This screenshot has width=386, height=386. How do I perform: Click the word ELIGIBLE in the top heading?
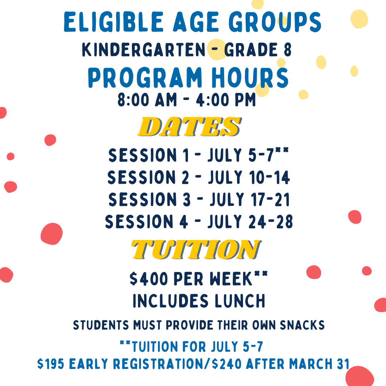pos(114,22)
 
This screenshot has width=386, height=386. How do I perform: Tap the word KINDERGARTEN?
pos(144,50)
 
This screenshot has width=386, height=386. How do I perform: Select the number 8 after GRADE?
pos(287,50)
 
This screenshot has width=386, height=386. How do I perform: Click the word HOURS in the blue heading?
pos(250,78)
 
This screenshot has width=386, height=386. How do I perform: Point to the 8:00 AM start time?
pos(147,100)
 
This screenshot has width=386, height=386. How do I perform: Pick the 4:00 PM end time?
pos(226,100)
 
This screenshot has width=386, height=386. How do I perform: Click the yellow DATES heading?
pos(189,127)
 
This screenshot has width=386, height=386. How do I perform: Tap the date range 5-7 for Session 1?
pos(261,155)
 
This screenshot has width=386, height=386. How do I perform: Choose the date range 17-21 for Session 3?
pos(270,199)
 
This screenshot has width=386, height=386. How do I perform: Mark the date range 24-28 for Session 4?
pos(271,222)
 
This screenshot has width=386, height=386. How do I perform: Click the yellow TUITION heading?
pos(196,249)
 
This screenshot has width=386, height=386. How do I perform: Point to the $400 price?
pos(149,279)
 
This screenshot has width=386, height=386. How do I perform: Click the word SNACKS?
pos(302,325)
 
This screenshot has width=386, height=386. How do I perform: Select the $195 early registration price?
pos(50,364)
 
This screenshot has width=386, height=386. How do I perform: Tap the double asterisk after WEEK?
pos(261,273)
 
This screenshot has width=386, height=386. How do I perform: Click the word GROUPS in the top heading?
pos(275,22)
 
